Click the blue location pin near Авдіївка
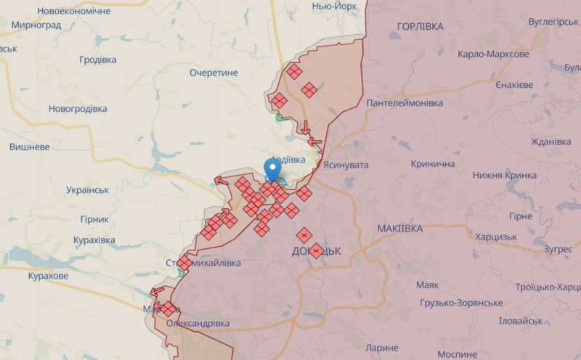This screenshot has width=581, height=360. [272, 171]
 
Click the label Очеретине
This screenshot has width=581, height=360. [214, 73]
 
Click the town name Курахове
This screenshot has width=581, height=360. [48, 276]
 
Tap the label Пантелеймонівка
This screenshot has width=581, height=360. [405, 103]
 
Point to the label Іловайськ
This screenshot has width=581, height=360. [521, 321]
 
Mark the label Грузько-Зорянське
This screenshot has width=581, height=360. [459, 302]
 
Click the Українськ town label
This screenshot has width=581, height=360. [86, 189]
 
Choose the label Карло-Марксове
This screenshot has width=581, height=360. [493, 55]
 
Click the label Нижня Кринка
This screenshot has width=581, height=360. [505, 175]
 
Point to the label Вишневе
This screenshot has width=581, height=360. [29, 146]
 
